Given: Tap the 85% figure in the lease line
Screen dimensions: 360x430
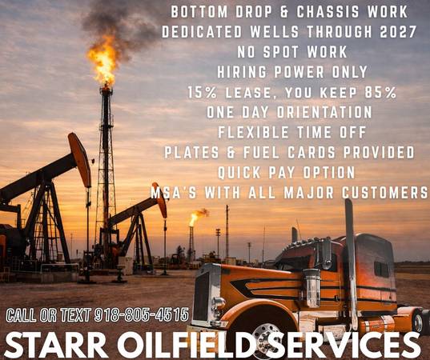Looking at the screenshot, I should click(378, 92).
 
